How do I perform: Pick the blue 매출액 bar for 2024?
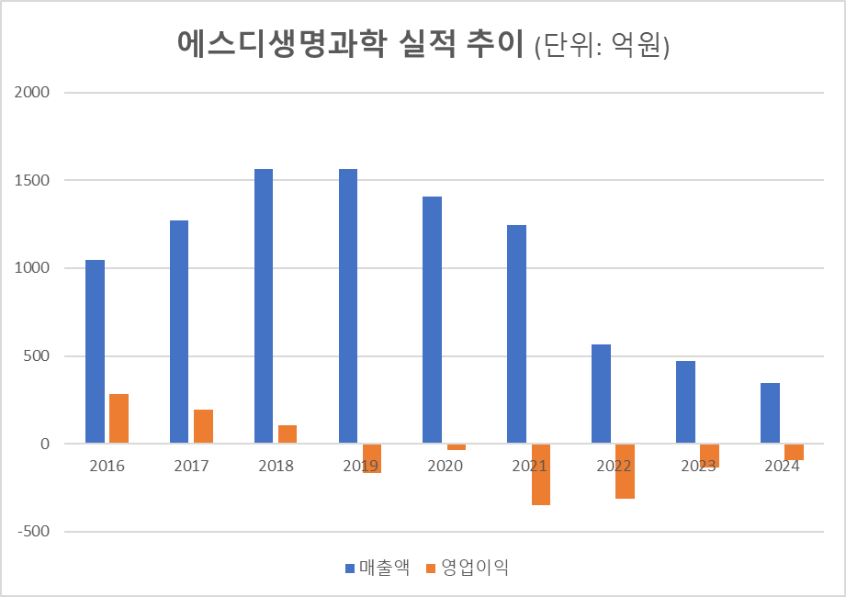(x=770, y=413)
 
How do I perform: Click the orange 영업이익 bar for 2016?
(x=118, y=419)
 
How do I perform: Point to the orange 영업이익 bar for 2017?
(x=203, y=426)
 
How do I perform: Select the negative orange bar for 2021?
(x=540, y=474)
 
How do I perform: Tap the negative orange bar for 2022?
(x=625, y=471)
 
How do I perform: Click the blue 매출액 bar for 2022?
(x=601, y=394)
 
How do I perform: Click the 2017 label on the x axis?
(x=191, y=466)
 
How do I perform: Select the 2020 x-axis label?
(x=445, y=466)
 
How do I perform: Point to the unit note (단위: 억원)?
(x=601, y=45)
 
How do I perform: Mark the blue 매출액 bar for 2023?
(x=685, y=402)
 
